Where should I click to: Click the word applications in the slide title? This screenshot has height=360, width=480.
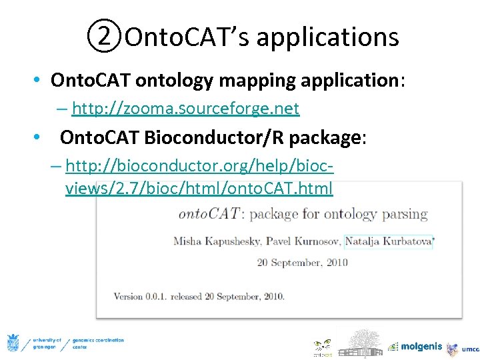tap(327, 37)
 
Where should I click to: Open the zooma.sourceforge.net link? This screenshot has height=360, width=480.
tap(185, 108)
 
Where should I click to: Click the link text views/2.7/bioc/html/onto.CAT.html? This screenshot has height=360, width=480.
tap(199, 189)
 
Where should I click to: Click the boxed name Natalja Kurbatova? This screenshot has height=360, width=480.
tap(387, 241)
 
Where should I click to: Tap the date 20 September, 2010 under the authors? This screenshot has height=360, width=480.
tap(303, 262)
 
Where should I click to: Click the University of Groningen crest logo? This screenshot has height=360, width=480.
tap(13, 343)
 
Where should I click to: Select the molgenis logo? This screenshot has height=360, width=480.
tap(414, 346)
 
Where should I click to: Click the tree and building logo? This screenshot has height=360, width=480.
tap(361, 343)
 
